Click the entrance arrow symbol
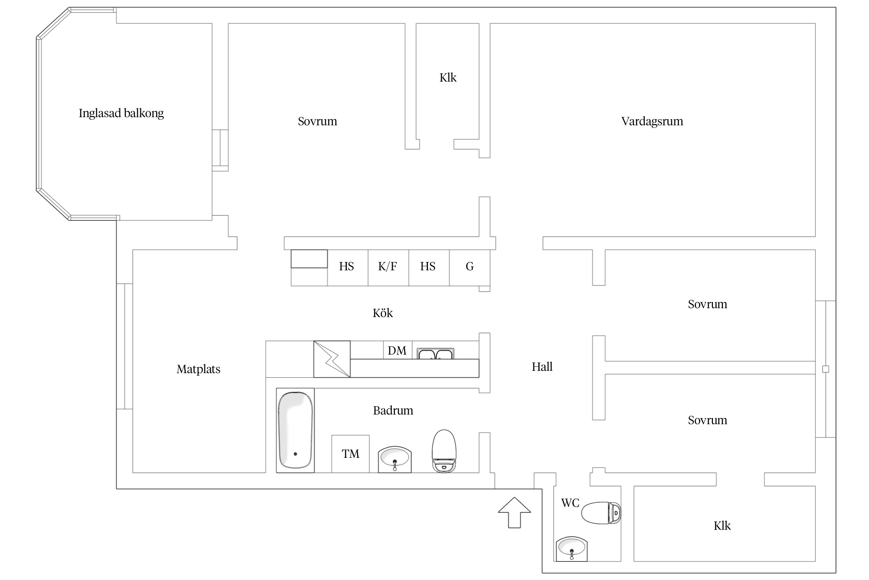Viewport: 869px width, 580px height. coord(514,512)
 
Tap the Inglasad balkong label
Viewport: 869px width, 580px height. coord(121,113)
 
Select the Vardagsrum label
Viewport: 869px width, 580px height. coord(652,121)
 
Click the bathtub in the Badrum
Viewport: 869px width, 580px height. coord(295,430)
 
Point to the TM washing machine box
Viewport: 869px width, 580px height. coord(350,454)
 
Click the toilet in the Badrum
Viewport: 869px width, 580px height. coord(444,451)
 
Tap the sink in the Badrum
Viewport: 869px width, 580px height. coord(395,459)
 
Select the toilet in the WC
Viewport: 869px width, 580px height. coord(601,513)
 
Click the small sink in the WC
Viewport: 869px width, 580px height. coord(572,549)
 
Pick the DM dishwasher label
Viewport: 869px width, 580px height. coord(397,350)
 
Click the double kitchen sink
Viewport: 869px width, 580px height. coord(436,353)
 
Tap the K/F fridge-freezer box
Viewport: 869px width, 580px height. coord(388,268)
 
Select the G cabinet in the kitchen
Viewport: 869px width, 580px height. coord(470,268)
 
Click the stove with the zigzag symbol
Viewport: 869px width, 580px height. coord(332,359)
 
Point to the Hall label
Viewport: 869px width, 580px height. coord(542,367)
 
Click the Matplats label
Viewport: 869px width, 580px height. coord(199,369)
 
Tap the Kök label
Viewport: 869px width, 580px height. coord(383,313)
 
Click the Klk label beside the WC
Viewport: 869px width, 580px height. coord(722,525)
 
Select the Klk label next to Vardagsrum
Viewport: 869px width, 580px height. coord(448,78)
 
